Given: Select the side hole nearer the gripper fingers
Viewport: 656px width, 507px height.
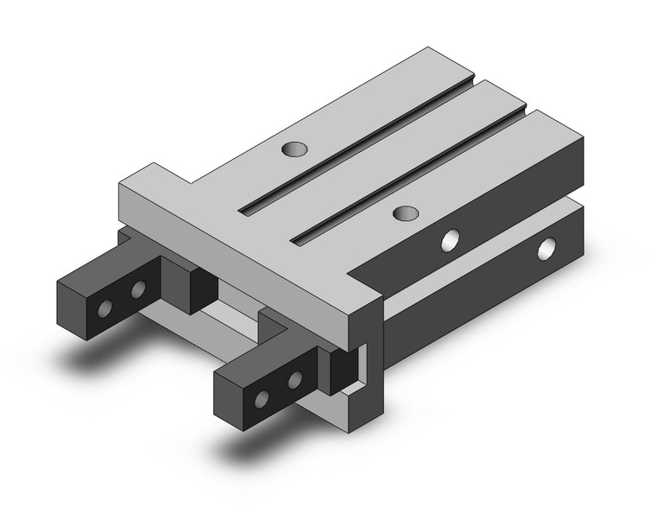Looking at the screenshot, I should click(450, 239).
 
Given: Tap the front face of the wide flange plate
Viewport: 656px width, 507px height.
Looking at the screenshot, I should click(242, 259).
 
